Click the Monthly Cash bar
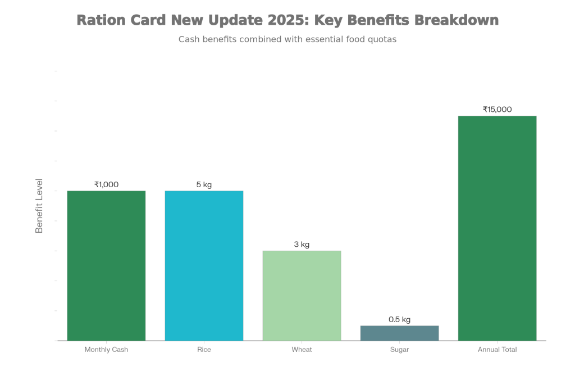pos(106,265)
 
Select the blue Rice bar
pos(204,265)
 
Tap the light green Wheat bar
pos(302,295)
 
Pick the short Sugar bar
pos(399,333)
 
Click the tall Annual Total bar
pos(497,228)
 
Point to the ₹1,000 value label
pos(106,184)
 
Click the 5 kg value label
pos(204,184)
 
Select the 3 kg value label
pos(302,245)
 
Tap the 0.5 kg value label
pos(399,319)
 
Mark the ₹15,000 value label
pos(497,110)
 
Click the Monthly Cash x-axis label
pos(106,349)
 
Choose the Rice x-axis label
pos(204,349)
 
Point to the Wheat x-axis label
pos(302,349)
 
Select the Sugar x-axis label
pos(399,349)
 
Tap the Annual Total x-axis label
pos(497,349)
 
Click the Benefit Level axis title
pos(39,206)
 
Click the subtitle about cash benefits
pos(287,40)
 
